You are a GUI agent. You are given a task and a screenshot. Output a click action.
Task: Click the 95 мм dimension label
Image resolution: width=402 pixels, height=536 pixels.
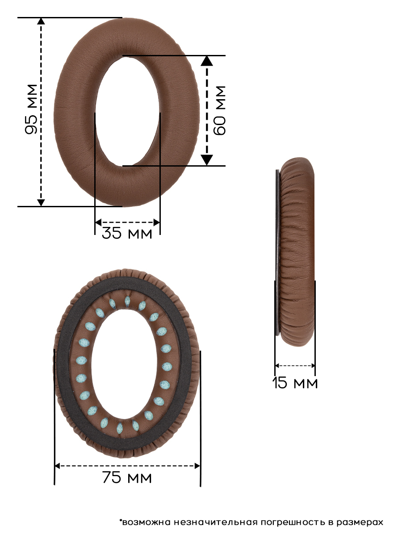coord(31,109)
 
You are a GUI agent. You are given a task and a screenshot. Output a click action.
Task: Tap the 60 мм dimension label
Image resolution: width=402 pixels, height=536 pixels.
coord(219,110)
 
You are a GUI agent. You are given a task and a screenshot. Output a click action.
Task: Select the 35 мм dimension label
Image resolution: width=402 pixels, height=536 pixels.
coord(127,233)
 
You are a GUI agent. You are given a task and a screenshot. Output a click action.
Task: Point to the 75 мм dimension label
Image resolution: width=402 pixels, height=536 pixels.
coord(127,477)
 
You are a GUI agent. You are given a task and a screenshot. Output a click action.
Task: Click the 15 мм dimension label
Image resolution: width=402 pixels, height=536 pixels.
coord(295,383)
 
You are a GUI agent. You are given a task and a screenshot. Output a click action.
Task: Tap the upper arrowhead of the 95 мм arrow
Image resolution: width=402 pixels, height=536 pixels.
coord(41,21)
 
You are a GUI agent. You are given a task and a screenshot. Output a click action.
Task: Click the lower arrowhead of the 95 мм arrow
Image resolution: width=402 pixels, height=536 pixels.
coord(41,203)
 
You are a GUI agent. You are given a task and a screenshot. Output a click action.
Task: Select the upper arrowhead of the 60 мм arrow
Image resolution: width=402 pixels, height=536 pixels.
coord(207,61)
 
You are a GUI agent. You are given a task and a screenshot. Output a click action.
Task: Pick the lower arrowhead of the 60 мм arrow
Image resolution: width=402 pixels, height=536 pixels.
coord(207,160)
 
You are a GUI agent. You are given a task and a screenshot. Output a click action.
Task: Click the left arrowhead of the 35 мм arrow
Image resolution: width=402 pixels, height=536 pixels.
coord(98,222)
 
